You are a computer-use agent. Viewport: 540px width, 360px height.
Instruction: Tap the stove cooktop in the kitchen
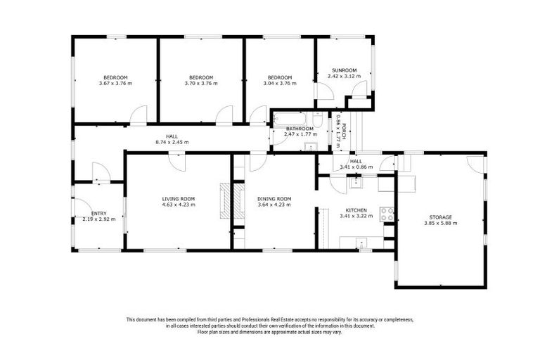(x=386, y=214)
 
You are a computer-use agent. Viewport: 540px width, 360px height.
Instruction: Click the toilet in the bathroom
(x=318, y=120)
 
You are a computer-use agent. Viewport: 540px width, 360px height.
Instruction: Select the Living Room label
(x=178, y=199)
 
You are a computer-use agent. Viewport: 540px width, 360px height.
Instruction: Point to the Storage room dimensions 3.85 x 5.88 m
(x=441, y=223)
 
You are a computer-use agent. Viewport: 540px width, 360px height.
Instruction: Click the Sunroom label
(x=345, y=70)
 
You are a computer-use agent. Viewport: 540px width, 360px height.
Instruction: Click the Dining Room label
(x=274, y=199)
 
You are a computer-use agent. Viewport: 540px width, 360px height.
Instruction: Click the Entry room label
(x=99, y=213)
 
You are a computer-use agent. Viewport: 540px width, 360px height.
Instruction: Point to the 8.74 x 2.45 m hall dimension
(x=172, y=142)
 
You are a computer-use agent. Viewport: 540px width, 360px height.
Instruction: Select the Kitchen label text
(x=356, y=210)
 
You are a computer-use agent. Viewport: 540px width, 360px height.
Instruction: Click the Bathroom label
(x=299, y=129)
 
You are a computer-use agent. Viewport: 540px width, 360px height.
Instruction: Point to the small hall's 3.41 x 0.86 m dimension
(x=356, y=167)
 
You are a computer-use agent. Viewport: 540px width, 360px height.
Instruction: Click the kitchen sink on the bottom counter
(x=361, y=242)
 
